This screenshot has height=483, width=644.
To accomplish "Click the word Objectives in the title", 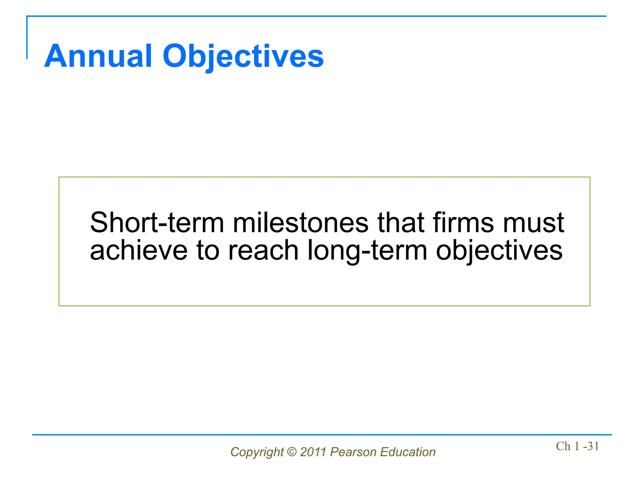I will coord(243,57).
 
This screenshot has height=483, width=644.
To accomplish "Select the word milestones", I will coord(300,223).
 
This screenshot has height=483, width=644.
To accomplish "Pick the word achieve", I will coord(139,251).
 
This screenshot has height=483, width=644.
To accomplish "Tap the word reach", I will coord(263,251).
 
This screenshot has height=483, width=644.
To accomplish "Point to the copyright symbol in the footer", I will coord(292,452).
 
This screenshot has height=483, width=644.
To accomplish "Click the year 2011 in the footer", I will coord(313,452).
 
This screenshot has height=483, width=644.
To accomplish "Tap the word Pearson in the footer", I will coord(353,452).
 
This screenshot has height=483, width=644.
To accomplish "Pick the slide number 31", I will coord(593,446).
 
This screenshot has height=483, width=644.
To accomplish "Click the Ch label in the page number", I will coord(563,446).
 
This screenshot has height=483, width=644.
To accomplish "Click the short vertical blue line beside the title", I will coord(27,38).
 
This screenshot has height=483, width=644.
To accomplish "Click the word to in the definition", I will coord(208,251).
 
